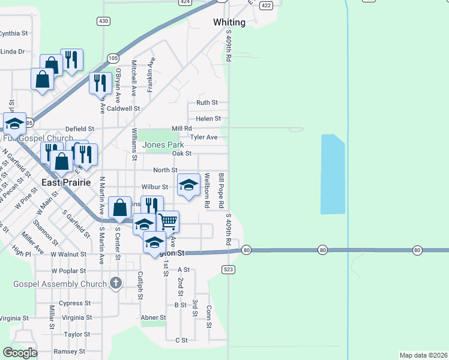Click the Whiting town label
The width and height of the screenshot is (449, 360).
(229, 22)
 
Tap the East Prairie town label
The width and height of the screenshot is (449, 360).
(66, 182)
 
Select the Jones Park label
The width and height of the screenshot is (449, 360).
(163, 145)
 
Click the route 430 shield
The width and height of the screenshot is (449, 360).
(103, 21)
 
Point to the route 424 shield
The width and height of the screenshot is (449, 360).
(185, 2)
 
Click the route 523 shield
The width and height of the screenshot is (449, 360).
(228, 269)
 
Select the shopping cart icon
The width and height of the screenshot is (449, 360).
(167, 221)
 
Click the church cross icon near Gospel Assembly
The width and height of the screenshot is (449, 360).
(116, 283)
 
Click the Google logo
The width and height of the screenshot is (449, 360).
(20, 353)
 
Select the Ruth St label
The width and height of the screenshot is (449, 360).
(207, 103)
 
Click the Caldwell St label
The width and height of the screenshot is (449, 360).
(123, 109)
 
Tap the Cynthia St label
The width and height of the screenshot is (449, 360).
(14, 34)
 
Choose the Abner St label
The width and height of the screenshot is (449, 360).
(153, 317)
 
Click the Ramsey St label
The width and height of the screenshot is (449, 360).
(70, 352)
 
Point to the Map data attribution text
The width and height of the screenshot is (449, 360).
(423, 355)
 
